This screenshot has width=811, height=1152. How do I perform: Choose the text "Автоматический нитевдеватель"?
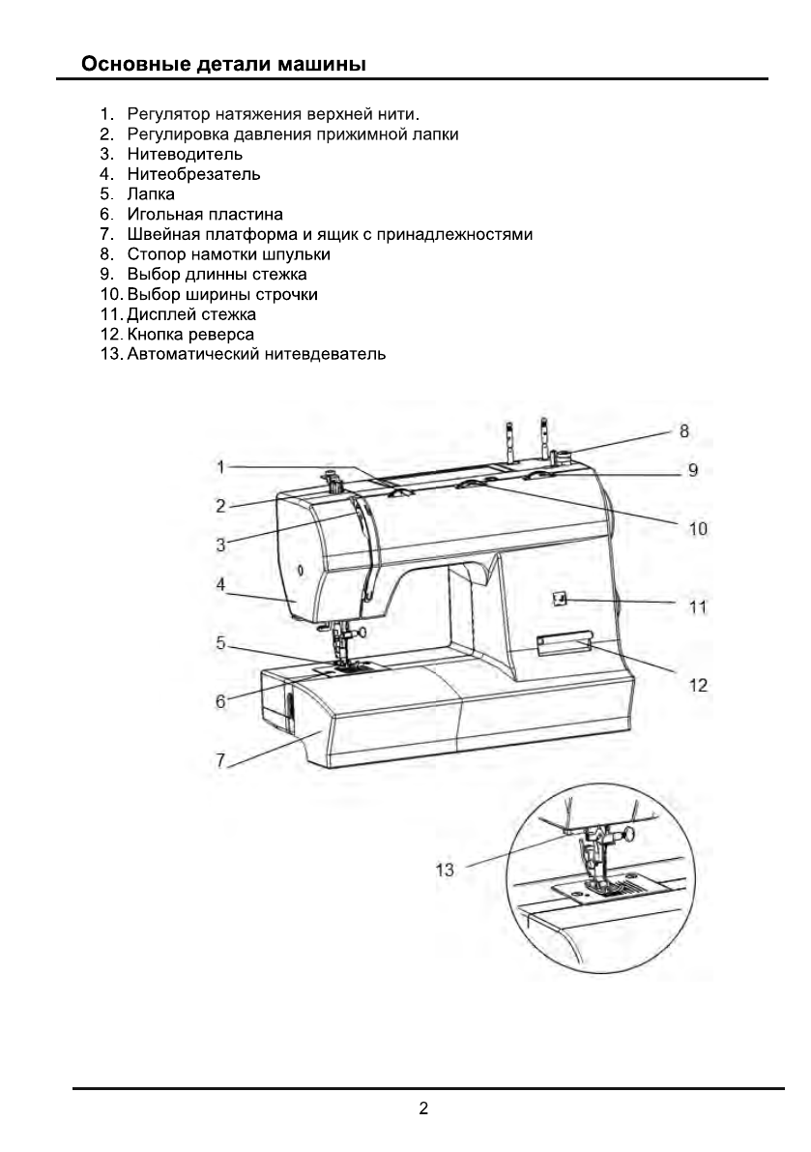[x=256, y=354]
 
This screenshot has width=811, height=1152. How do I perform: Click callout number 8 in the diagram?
[x=684, y=429]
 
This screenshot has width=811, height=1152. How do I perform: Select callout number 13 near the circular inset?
[x=444, y=870]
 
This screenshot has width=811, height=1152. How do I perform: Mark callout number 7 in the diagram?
[x=221, y=763]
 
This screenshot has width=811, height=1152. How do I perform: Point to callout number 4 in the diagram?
[x=221, y=584]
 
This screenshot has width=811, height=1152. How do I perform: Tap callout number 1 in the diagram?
[x=220, y=467]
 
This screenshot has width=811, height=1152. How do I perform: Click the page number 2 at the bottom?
[x=423, y=1108]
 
